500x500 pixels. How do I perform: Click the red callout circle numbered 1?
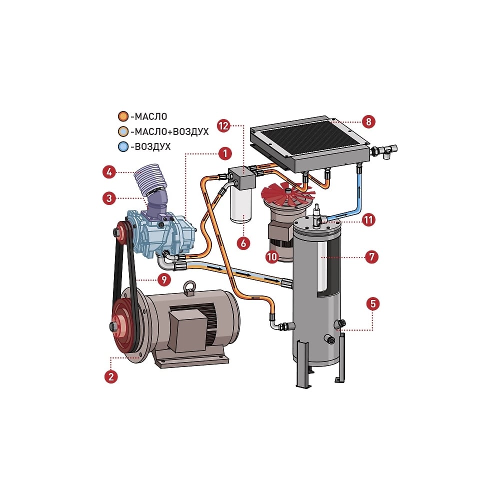[225, 153]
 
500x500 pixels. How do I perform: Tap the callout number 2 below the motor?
[111, 376]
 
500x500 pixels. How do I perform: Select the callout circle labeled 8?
[368, 121]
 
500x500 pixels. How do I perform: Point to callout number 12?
[223, 125]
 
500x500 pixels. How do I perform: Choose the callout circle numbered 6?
[243, 243]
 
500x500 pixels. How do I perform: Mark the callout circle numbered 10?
[272, 256]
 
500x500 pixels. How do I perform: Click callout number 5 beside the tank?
[373, 303]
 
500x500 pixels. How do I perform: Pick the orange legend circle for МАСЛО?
[123, 116]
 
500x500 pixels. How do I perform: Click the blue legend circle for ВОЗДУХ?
[123, 146]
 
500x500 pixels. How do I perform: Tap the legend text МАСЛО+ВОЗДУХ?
[169, 131]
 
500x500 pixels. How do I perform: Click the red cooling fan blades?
[286, 194]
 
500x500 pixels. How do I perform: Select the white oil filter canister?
[240, 204]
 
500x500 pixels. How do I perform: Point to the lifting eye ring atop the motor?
[189, 286]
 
